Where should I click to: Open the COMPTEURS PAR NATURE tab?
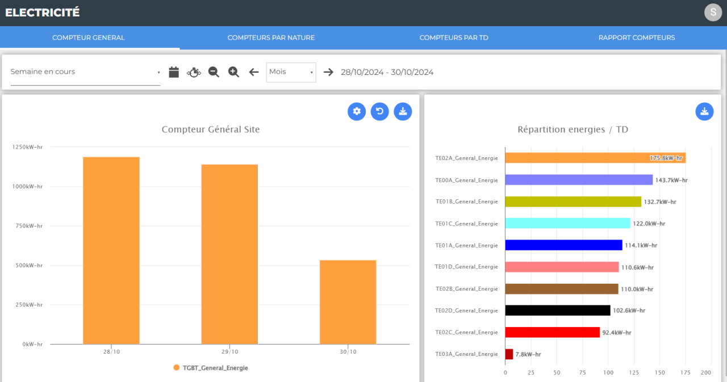pyautogui.click(x=271, y=37)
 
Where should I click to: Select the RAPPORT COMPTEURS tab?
pyautogui.click(x=637, y=37)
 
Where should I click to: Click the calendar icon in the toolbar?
pyautogui.click(x=174, y=72)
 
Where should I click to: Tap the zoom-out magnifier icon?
pyautogui.click(x=214, y=72)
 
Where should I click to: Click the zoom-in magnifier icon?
pyautogui.click(x=233, y=72)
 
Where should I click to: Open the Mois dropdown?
pyautogui.click(x=291, y=72)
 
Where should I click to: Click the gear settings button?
pyautogui.click(x=357, y=112)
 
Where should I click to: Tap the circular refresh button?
pyautogui.click(x=380, y=112)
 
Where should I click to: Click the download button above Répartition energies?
pyautogui.click(x=704, y=112)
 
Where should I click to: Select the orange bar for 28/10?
pyautogui.click(x=111, y=250)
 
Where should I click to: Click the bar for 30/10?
pyautogui.click(x=348, y=302)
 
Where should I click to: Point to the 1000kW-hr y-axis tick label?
pyautogui.click(x=27, y=187)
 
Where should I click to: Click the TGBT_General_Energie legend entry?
pyautogui.click(x=211, y=368)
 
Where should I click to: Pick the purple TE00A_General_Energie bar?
pyautogui.click(x=579, y=180)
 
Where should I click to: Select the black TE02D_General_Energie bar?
pyautogui.click(x=558, y=310)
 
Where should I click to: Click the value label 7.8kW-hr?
pyautogui.click(x=528, y=354)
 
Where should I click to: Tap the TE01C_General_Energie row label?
pyautogui.click(x=466, y=224)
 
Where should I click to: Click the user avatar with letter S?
pyautogui.click(x=713, y=12)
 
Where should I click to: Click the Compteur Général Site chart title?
pyautogui.click(x=211, y=129)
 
